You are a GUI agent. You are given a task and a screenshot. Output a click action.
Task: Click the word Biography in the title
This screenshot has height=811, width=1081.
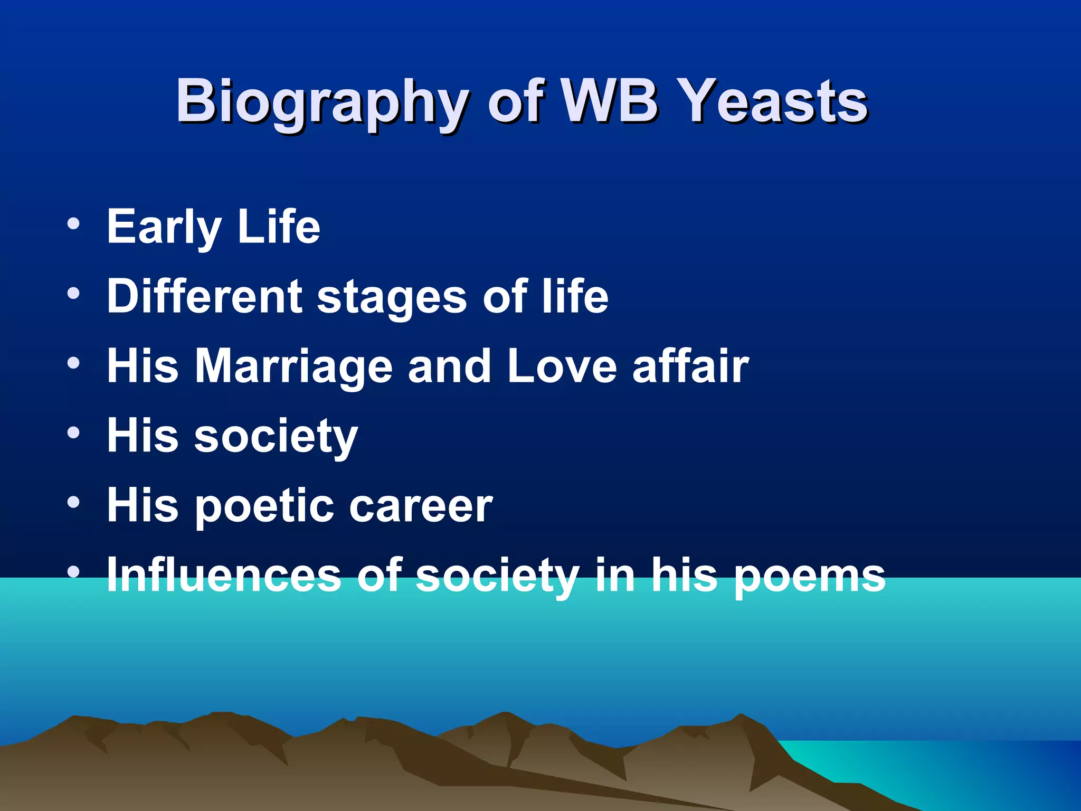click(321, 102)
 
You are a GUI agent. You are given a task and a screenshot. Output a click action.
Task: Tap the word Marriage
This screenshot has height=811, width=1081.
click(294, 367)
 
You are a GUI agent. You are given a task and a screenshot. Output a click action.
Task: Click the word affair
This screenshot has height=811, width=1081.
click(690, 366)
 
